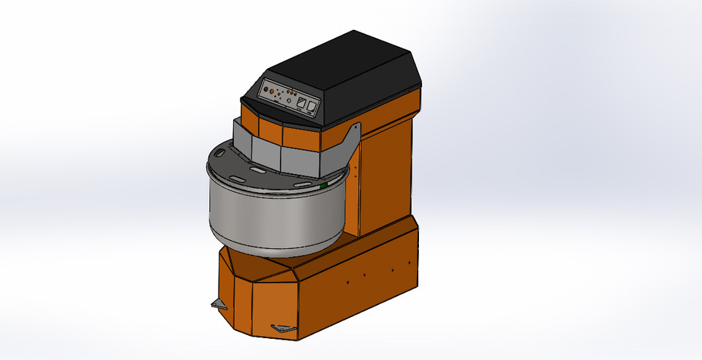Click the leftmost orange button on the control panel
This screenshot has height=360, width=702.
tap(266, 89)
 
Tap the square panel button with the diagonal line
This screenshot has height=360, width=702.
tap(301, 102)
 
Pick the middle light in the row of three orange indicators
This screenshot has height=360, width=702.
tap(292, 93)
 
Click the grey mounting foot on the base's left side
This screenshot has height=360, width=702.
tap(219, 303)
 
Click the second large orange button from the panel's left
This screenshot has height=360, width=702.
tap(271, 91)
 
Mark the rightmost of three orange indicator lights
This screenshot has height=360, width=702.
tap(295, 94)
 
